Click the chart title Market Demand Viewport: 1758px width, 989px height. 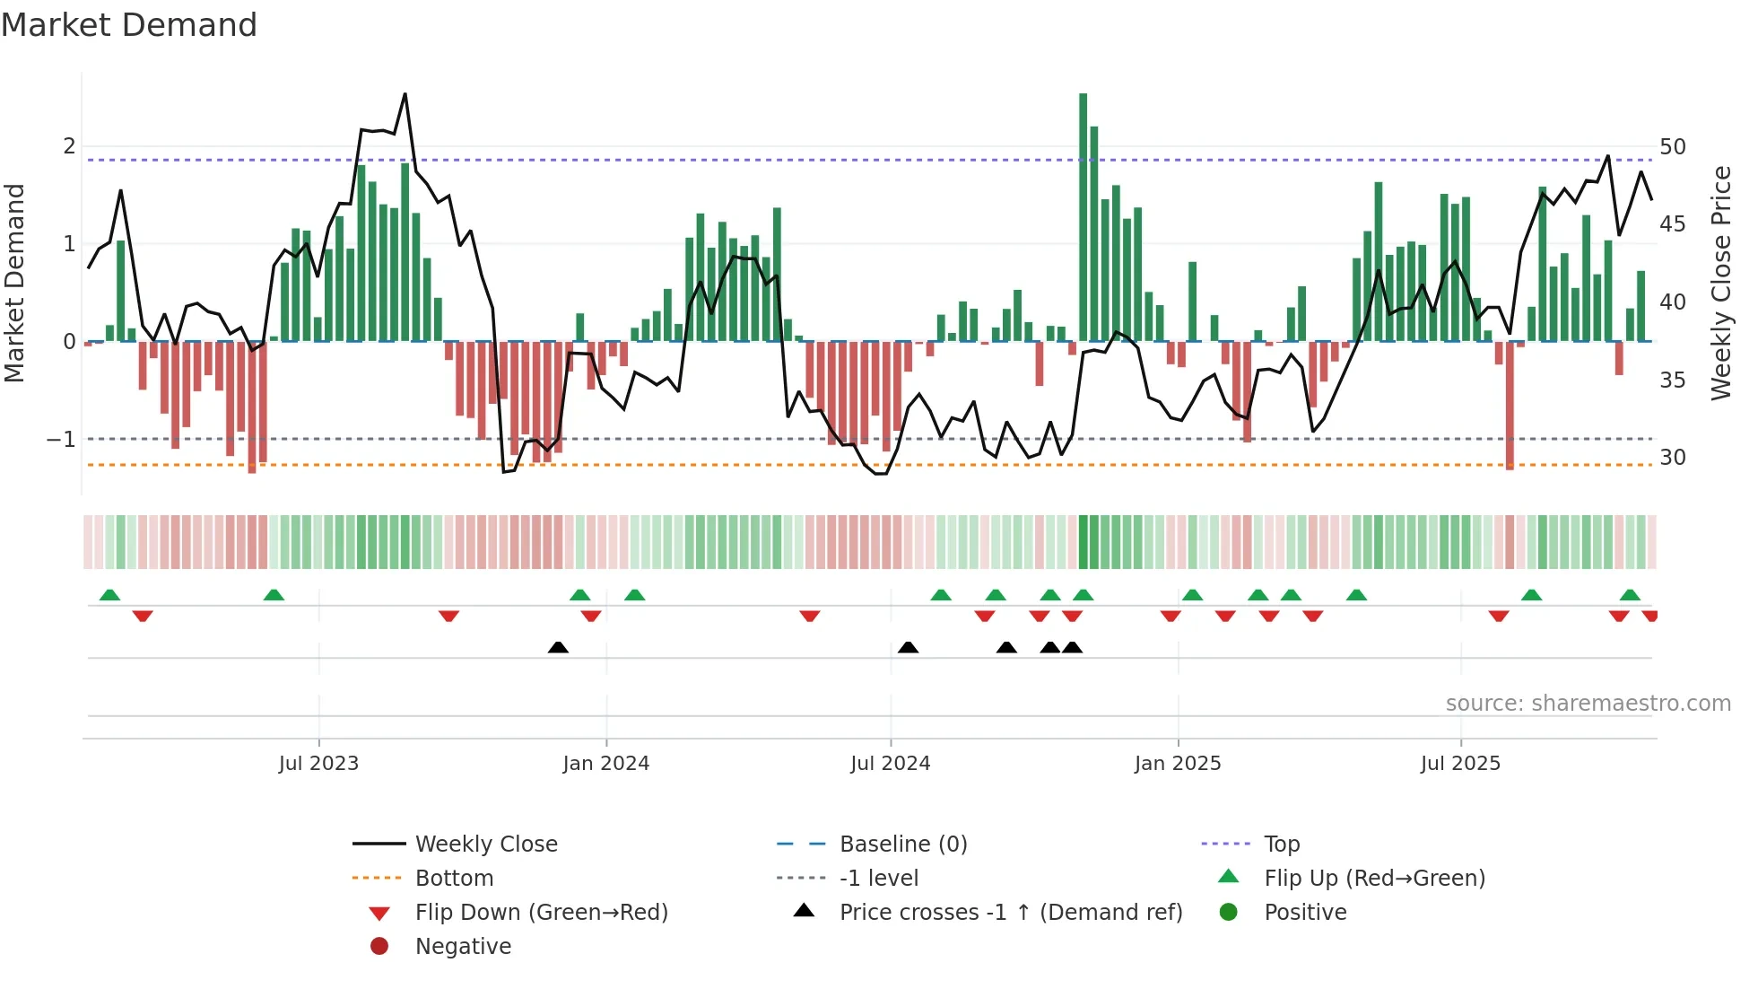[x=129, y=25]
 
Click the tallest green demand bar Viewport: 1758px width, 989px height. [x=1083, y=215]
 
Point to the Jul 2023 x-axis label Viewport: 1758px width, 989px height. [x=318, y=764]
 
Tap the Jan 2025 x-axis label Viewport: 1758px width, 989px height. [x=1177, y=764]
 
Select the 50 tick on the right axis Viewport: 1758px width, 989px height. [x=1672, y=147]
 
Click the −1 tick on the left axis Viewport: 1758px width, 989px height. [x=61, y=440]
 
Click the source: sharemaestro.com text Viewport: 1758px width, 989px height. [x=1588, y=704]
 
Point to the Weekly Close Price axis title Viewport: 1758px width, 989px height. [x=1720, y=283]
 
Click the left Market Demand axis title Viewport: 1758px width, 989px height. [x=15, y=283]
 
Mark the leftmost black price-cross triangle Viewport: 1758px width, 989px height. [x=558, y=647]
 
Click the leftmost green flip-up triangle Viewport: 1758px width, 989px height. [x=109, y=595]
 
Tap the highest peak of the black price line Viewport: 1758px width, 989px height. [x=405, y=94]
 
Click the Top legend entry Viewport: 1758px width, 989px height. [x=1281, y=845]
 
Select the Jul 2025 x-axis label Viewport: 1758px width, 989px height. [x=1459, y=764]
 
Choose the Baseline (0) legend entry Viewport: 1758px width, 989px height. [x=902, y=845]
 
